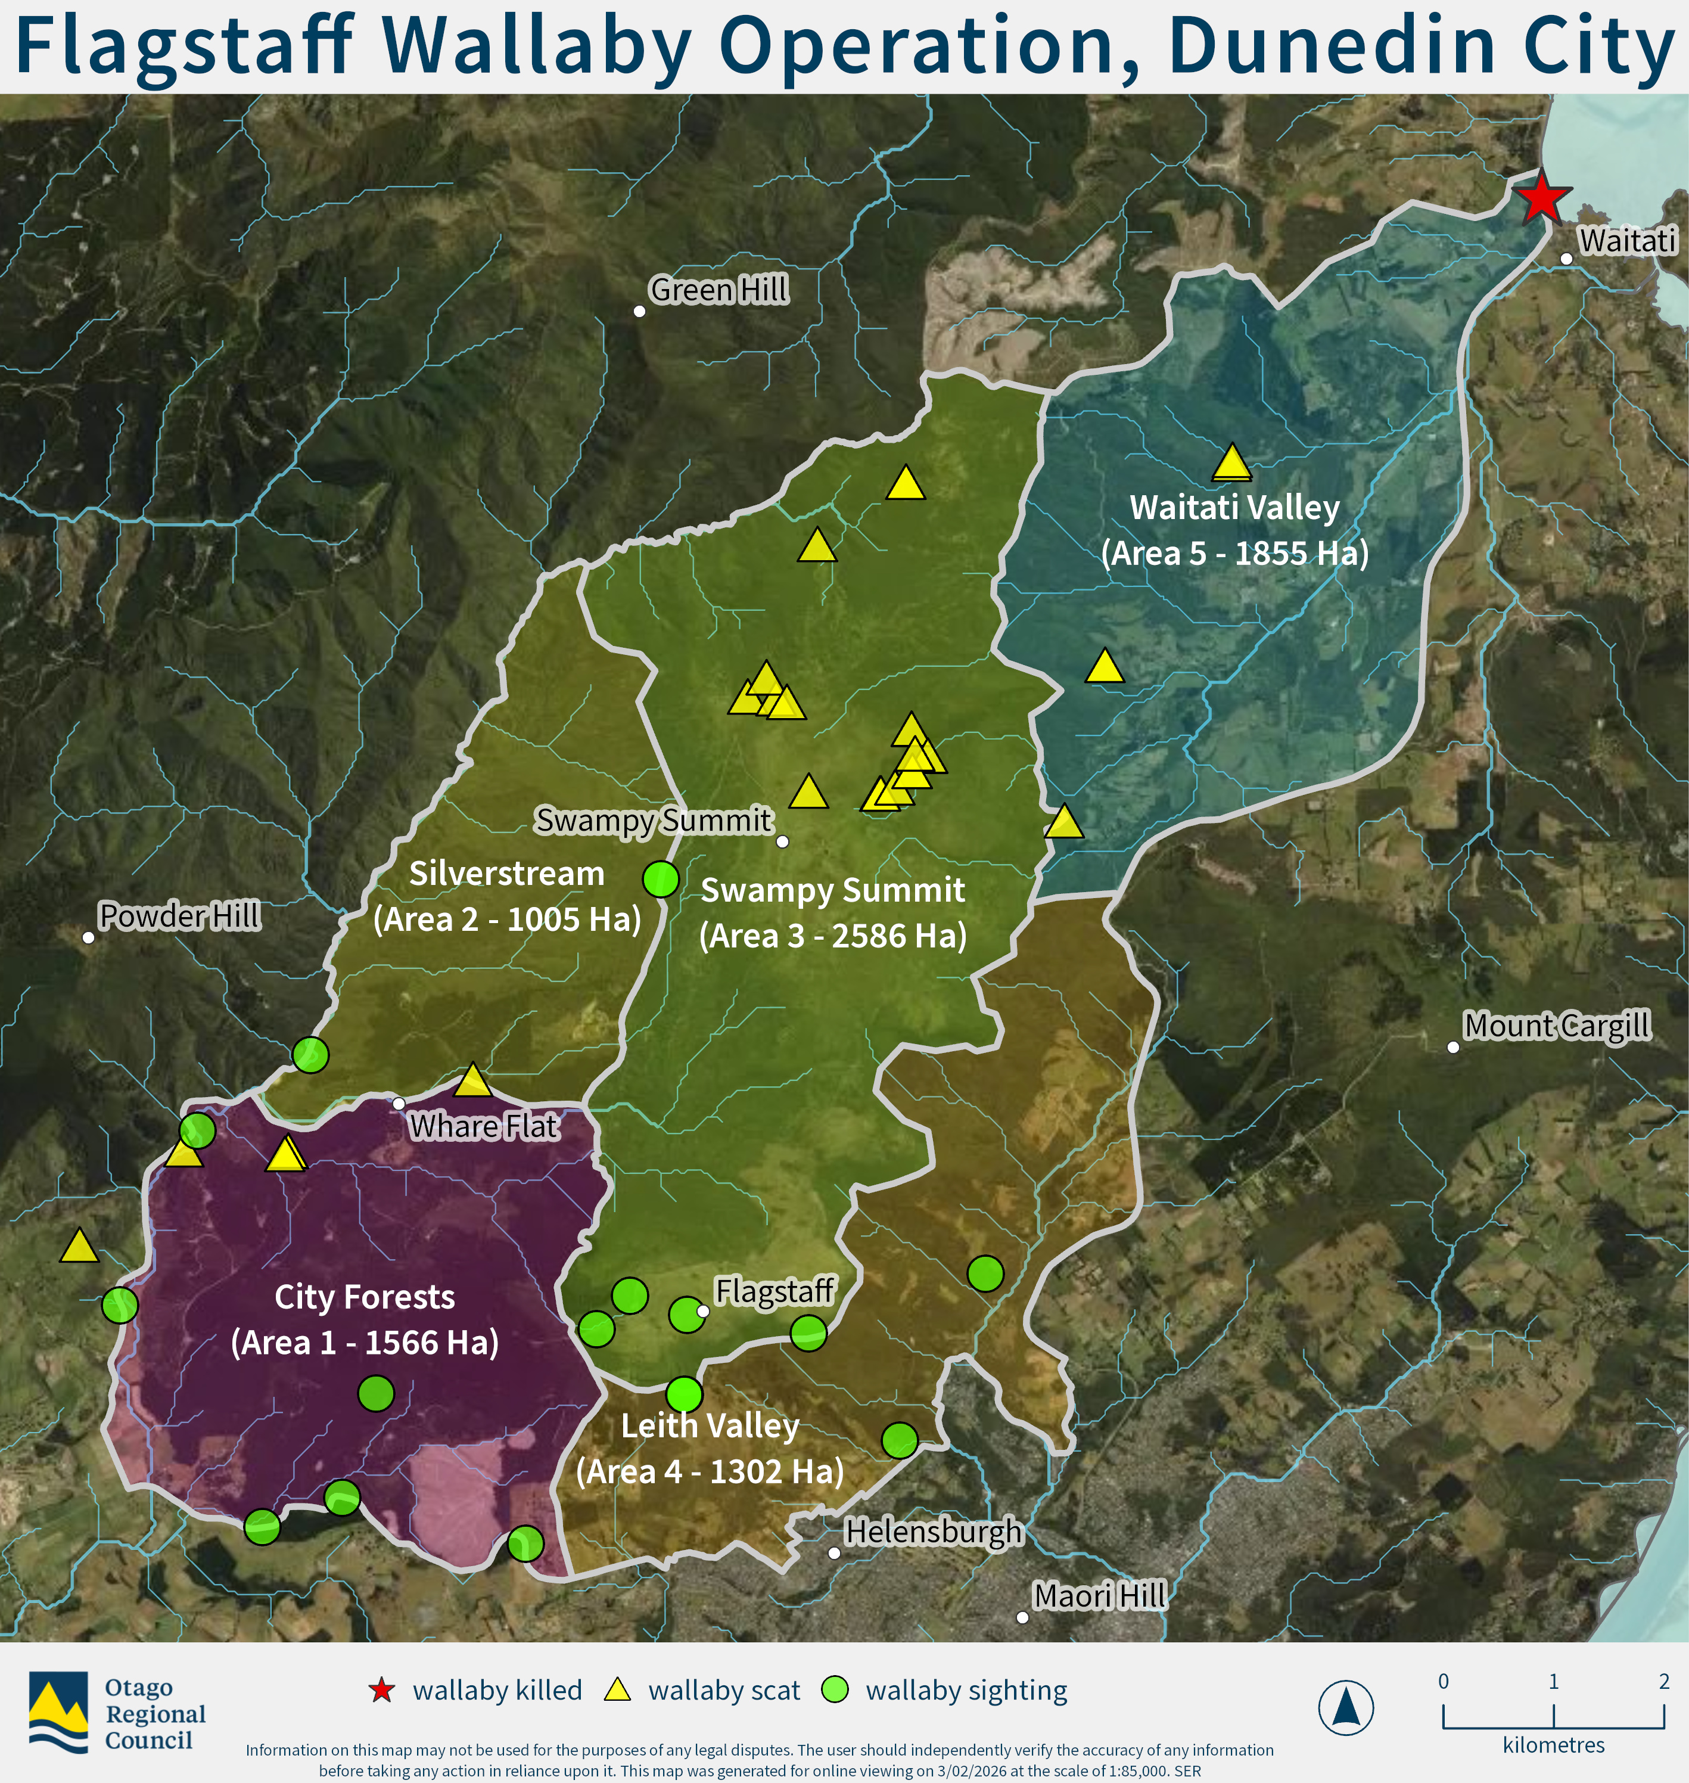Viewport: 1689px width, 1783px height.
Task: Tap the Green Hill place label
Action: (718, 290)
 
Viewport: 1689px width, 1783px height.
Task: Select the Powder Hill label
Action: (179, 916)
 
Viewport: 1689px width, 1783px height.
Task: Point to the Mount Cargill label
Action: (1557, 1025)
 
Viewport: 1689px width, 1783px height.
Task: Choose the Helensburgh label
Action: (933, 1531)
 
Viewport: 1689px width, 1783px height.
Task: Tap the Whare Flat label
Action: (484, 1126)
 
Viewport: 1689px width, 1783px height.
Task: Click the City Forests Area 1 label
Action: (365, 1319)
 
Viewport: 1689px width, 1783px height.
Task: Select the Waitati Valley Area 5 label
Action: (1234, 530)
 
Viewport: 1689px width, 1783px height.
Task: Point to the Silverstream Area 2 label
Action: (507, 896)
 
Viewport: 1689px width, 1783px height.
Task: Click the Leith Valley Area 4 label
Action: (710, 1448)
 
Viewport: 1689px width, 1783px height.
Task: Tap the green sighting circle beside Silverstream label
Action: (661, 878)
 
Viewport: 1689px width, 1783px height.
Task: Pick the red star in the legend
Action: (382, 1690)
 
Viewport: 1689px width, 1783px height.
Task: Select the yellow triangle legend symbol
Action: (618, 1690)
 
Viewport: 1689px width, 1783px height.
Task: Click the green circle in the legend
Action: (835, 1689)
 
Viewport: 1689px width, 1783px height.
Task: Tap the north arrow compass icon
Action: (1345, 1707)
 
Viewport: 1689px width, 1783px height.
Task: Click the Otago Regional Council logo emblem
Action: (58, 1712)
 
